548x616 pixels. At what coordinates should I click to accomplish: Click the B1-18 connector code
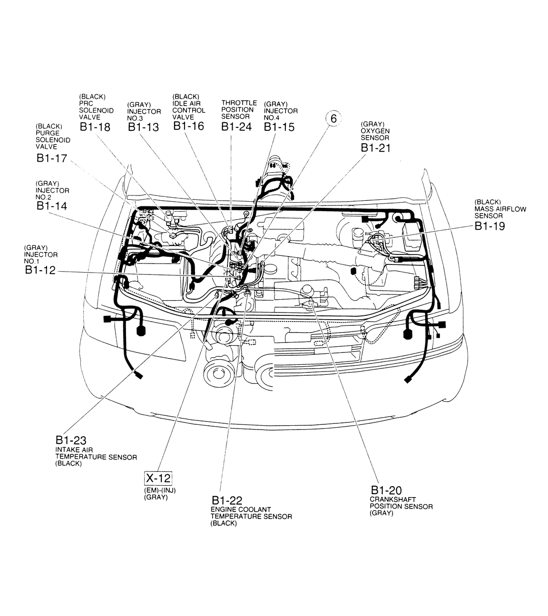(x=95, y=127)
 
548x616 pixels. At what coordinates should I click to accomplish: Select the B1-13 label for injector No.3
(x=143, y=127)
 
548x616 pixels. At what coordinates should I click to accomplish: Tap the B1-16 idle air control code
(x=188, y=126)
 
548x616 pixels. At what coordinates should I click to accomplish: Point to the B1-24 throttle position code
(x=236, y=127)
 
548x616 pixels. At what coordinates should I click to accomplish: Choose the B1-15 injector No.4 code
(x=279, y=127)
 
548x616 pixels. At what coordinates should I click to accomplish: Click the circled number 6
(x=333, y=118)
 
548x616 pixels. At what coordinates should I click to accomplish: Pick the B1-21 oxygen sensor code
(x=376, y=148)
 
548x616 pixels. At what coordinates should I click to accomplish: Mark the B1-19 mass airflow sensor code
(x=489, y=226)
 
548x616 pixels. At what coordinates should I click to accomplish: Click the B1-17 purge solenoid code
(x=52, y=158)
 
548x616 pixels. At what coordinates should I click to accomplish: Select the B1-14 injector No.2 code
(x=52, y=206)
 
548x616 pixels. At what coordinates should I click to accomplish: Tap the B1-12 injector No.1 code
(x=40, y=270)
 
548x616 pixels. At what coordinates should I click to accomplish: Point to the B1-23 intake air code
(x=71, y=440)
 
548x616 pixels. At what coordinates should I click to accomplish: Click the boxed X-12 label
(x=158, y=478)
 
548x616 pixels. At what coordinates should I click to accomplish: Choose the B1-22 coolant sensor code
(x=227, y=500)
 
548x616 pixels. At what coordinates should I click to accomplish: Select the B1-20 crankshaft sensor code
(x=386, y=490)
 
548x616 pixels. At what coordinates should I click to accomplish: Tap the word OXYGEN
(x=375, y=131)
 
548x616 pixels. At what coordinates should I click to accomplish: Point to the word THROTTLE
(x=239, y=103)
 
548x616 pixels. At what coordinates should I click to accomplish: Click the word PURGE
(x=48, y=133)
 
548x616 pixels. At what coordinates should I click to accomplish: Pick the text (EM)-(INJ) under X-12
(x=160, y=490)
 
